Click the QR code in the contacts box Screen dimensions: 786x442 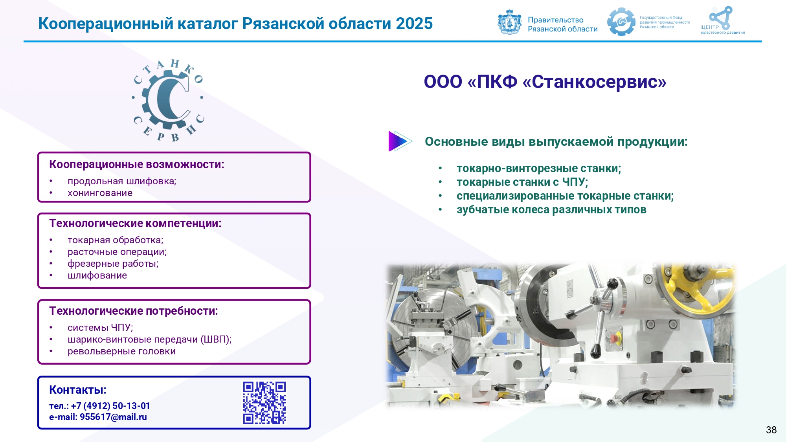[264, 403]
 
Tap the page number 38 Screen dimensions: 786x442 [771, 430]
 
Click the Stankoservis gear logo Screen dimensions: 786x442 [168, 100]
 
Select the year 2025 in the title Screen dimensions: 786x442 [414, 24]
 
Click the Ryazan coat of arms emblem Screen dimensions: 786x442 [509, 22]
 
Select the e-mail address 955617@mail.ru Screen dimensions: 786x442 [113, 417]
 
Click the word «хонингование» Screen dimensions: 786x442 [100, 193]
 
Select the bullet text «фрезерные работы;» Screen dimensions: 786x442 [113, 264]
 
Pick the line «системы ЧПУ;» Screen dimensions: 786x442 [100, 328]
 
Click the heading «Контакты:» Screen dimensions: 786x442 [78, 390]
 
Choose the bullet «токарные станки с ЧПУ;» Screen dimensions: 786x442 [522, 182]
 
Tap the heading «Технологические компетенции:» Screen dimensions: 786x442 [135, 223]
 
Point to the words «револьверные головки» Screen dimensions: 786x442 [121, 351]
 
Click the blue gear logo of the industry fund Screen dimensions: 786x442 [621, 22]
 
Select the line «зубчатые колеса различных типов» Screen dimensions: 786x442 [551, 210]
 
